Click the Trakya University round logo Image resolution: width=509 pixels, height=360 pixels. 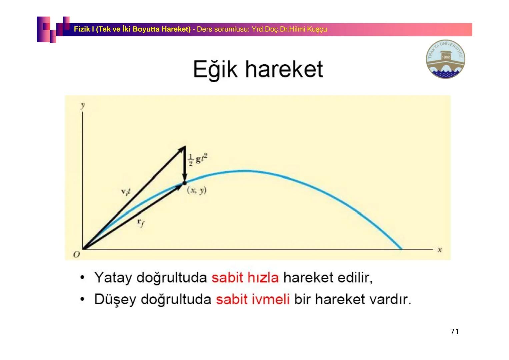[x=445, y=59]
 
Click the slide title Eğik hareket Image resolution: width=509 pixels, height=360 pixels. [x=258, y=70]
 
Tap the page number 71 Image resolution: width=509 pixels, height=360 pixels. [x=454, y=331]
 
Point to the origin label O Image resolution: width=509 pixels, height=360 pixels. [x=77, y=255]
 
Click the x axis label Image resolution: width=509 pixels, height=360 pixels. [x=440, y=250]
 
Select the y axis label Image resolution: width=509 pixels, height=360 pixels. [x=82, y=105]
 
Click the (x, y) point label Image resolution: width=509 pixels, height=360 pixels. [x=197, y=190]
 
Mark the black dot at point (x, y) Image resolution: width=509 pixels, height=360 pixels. [x=184, y=183]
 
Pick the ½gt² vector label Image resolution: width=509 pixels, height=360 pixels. [x=197, y=159]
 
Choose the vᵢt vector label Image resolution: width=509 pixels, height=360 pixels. [x=126, y=192]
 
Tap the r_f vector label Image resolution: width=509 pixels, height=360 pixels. [x=141, y=223]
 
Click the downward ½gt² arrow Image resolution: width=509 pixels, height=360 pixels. [x=184, y=165]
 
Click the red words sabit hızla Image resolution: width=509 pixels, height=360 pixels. [x=245, y=277]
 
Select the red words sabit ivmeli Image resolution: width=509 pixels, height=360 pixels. [x=253, y=299]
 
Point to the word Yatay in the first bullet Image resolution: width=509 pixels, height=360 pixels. [x=113, y=277]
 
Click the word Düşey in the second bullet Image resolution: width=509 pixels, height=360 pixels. [x=115, y=300]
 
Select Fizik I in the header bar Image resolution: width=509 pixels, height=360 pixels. [x=84, y=29]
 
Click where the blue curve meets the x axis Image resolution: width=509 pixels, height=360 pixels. [x=401, y=249]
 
